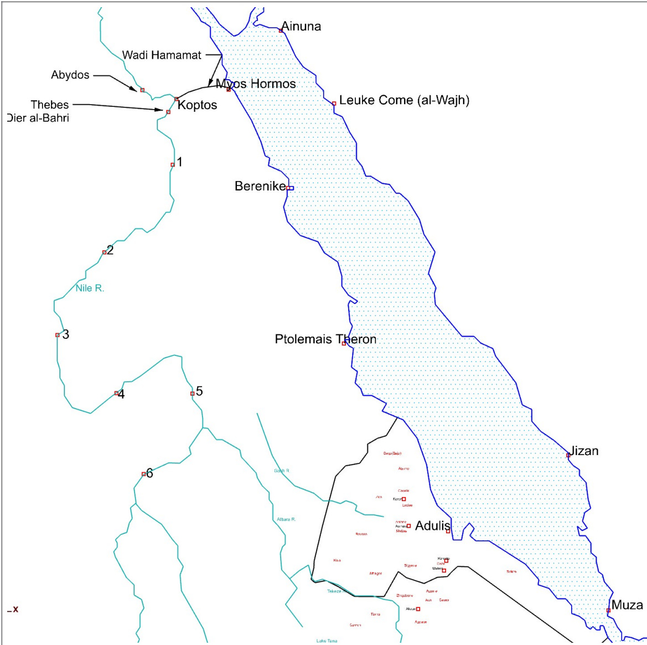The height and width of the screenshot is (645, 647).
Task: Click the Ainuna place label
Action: coord(301,26)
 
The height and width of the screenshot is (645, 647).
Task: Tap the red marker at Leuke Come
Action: coord(334,104)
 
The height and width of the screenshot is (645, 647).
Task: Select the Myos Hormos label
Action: coord(256,84)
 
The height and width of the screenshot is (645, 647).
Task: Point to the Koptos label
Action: coord(197,105)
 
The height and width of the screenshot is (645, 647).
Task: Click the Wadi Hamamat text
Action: coord(162,55)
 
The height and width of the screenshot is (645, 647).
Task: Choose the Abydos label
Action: coord(70,75)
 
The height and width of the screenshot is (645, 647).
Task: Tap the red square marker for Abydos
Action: coord(142,90)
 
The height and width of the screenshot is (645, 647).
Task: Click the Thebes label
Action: coord(50,105)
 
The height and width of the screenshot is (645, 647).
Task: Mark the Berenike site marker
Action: coord(290,188)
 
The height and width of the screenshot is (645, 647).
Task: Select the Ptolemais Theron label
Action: coord(325,339)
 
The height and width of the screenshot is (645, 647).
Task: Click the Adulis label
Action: coord(433,525)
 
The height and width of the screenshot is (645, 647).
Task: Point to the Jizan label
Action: coord(584,451)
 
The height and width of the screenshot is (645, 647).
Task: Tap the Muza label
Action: coord(627,605)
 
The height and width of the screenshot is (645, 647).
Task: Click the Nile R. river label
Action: coord(90,288)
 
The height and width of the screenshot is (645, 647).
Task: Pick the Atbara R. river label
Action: coord(286,519)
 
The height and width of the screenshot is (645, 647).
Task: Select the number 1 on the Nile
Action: coord(179,162)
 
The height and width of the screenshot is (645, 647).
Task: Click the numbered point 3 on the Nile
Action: coord(65,334)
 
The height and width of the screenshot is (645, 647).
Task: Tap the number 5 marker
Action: coord(199,391)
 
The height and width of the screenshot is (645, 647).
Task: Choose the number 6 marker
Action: coord(149,473)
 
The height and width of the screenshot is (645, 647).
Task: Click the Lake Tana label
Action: coord(327,641)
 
